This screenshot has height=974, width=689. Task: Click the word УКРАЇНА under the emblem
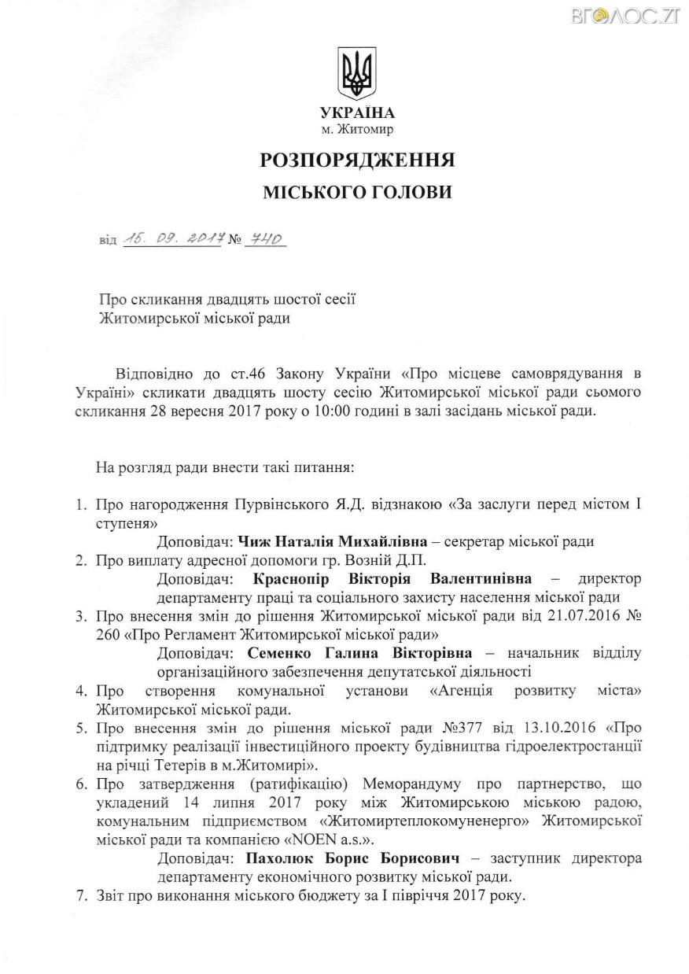(x=357, y=113)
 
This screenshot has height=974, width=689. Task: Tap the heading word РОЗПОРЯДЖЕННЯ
(x=357, y=160)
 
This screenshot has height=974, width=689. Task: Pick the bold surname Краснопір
(x=299, y=579)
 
